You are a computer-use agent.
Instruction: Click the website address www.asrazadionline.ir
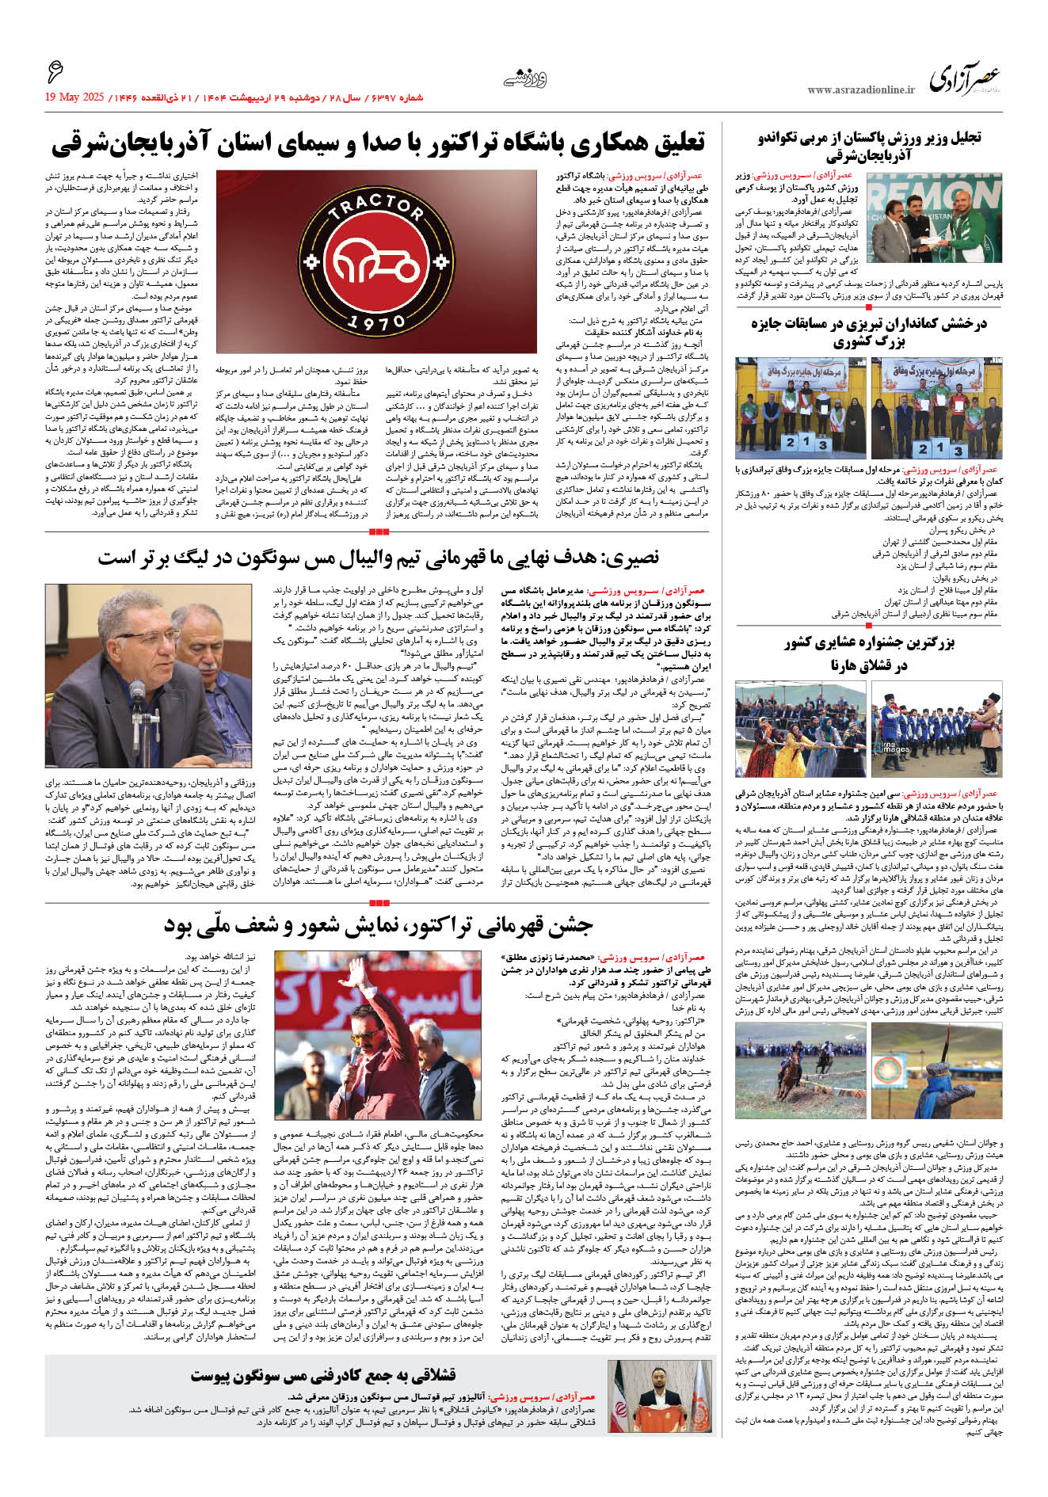(860, 90)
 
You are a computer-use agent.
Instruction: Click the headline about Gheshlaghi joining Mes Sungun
(323, 1375)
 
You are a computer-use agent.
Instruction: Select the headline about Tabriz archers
(869, 333)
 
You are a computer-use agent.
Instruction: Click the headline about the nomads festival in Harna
(869, 653)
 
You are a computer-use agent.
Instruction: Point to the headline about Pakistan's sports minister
(869, 145)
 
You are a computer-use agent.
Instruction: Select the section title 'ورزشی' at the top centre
(525, 79)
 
